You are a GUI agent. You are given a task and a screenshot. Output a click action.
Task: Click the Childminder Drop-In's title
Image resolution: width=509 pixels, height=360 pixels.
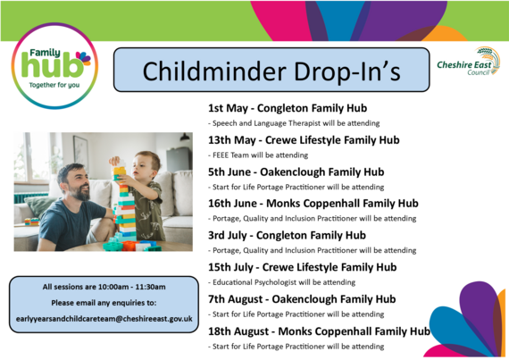click(x=272, y=71)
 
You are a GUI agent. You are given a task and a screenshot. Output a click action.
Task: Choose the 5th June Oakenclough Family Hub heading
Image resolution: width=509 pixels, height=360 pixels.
click(x=295, y=172)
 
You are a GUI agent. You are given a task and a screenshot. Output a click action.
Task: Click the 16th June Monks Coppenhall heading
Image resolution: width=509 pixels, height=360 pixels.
click(x=313, y=203)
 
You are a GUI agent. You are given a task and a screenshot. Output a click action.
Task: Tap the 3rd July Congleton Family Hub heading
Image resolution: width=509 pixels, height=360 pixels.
click(x=287, y=235)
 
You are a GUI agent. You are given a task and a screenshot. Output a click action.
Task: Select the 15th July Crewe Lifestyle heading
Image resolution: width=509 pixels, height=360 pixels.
click(x=302, y=266)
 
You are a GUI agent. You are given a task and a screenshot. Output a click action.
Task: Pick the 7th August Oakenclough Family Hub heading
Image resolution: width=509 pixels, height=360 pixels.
click(x=302, y=298)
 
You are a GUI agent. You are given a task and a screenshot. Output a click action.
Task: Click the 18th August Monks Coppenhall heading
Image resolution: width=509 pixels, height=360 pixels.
click(x=318, y=331)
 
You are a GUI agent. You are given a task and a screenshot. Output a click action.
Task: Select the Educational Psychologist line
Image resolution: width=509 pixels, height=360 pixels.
click(x=281, y=281)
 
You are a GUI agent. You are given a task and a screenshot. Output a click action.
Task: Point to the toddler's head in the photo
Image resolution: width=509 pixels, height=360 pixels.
click(x=148, y=163)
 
